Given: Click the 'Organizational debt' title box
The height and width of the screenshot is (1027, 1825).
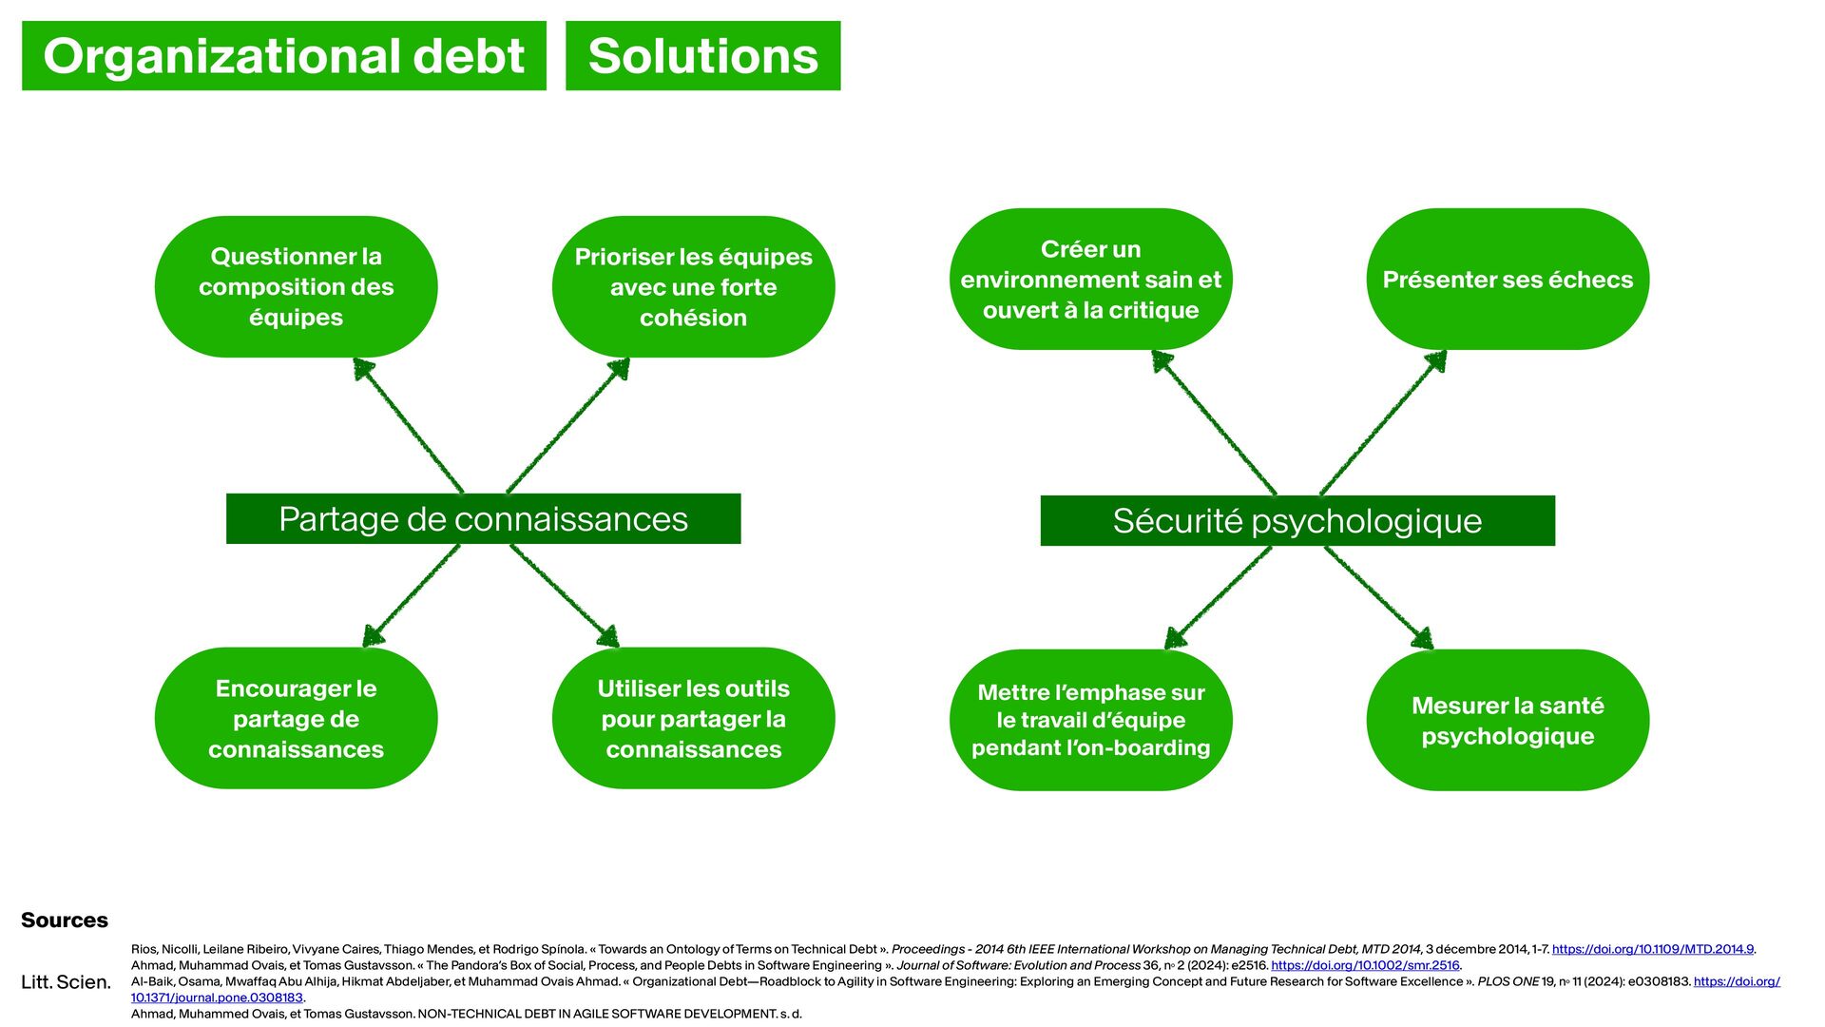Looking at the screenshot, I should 283,56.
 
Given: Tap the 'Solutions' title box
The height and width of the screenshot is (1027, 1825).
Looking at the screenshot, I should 702,56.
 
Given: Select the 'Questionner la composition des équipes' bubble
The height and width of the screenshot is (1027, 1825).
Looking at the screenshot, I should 296,286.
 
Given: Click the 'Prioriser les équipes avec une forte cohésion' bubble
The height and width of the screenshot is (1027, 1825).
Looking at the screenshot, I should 693,286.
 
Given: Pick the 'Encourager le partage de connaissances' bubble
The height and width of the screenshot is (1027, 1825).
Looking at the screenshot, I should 296,718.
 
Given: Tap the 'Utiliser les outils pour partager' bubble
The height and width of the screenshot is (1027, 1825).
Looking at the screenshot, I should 693,718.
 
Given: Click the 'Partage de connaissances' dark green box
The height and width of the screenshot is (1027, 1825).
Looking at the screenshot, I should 483,519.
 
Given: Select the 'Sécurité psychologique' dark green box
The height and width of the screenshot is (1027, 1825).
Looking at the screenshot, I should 1297,521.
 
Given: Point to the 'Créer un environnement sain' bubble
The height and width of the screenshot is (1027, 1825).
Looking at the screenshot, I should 1090,279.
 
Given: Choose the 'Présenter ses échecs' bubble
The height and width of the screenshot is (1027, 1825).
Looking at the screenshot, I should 1508,279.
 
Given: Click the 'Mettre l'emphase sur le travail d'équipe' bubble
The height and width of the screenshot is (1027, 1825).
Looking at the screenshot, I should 1090,720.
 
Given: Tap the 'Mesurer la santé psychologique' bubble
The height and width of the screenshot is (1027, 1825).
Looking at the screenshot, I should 1508,720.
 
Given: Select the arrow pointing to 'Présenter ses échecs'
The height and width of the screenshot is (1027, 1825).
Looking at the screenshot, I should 1384,422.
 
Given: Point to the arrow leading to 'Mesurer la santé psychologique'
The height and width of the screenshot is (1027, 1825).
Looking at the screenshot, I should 1378,597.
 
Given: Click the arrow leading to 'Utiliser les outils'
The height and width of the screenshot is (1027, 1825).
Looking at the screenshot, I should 565,595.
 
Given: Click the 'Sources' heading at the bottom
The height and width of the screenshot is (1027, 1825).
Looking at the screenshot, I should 65,920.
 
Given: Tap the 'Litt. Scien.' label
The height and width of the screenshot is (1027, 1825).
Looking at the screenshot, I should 66,981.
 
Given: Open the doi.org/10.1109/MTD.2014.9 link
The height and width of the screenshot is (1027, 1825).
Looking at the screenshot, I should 1652,949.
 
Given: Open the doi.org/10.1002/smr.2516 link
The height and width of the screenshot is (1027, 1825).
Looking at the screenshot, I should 1365,965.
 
